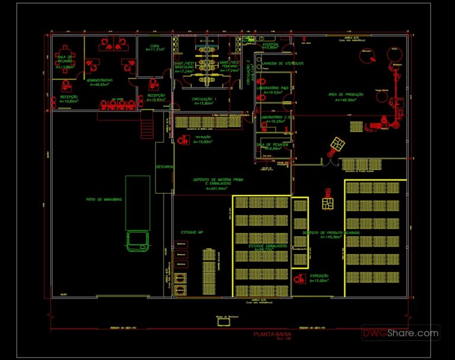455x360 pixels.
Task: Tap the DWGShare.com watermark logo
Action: click(x=401, y=333)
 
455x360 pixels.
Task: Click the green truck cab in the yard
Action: click(x=137, y=240)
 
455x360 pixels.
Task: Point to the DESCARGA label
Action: click(x=164, y=166)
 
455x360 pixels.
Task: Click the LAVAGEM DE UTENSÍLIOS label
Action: click(x=283, y=63)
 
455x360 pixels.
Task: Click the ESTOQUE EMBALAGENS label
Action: click(x=268, y=245)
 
